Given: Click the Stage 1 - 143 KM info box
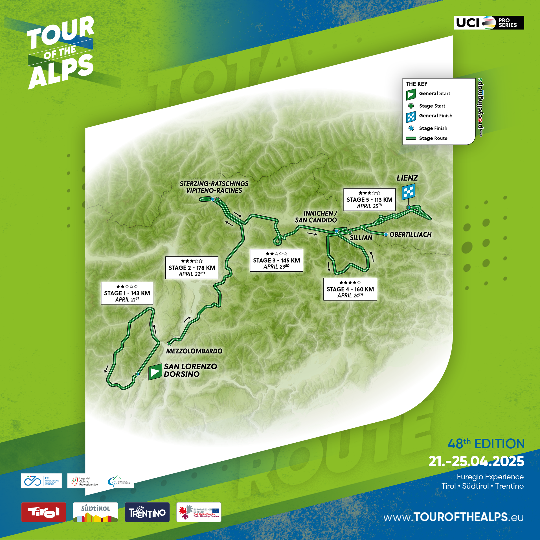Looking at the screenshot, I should pos(127,293).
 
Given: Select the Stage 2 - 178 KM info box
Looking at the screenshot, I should pos(192,268).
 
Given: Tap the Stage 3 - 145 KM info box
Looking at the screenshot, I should pos(276,260).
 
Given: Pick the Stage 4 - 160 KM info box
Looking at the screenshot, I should pos(350,289).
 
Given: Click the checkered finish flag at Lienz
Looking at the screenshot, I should pos(409,192).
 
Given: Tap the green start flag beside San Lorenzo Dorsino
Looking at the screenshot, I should pos(155,372).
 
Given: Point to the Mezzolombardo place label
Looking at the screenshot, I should pos(194,351).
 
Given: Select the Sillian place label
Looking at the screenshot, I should pos(361,238).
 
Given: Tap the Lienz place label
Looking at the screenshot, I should pos(407,178).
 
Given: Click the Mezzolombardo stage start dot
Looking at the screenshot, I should pos(169,344).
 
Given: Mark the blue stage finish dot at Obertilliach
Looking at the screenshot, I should pos(386,234).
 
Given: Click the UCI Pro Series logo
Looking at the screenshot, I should pos(489,23).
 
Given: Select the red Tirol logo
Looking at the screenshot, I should pos(44,512).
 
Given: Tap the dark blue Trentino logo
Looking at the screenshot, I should pos(147,512).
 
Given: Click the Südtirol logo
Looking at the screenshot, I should pos(95,512).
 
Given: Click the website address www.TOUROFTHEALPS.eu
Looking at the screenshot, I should pos(453,517).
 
